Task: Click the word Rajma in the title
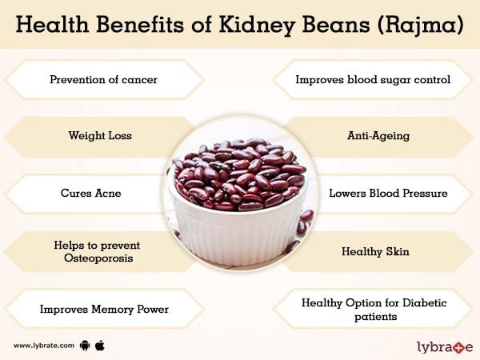pos(421,25)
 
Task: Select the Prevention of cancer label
pos(103,79)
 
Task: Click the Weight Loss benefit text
pos(100,136)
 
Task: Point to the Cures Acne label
pos(91,193)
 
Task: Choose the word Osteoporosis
pos(98,258)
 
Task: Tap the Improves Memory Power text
pos(104,309)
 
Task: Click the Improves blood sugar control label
pos(373,79)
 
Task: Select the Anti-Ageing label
pos(378,136)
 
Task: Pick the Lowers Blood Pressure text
pos(388,193)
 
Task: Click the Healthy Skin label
pos(375,252)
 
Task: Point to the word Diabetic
pos(424,302)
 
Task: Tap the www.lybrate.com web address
pos(44,346)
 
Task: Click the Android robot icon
pos(85,346)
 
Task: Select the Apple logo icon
pos(100,346)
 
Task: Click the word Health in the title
pos(52,25)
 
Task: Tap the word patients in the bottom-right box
pos(376,317)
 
